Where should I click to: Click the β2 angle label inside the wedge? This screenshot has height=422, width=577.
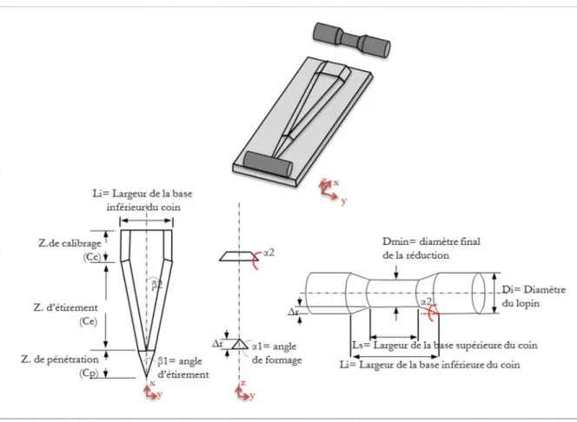click(x=156, y=285)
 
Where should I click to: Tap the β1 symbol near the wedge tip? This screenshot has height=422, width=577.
click(x=163, y=361)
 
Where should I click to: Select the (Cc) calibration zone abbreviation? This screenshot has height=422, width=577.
click(x=91, y=257)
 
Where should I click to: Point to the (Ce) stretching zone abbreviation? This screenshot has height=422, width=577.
click(x=89, y=321)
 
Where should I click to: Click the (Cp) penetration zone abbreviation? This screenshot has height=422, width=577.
click(x=89, y=373)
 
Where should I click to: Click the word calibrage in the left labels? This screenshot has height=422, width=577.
click(x=80, y=243)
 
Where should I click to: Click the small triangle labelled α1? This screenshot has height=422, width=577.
click(x=240, y=344)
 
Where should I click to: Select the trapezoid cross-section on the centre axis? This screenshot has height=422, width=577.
click(x=239, y=256)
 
